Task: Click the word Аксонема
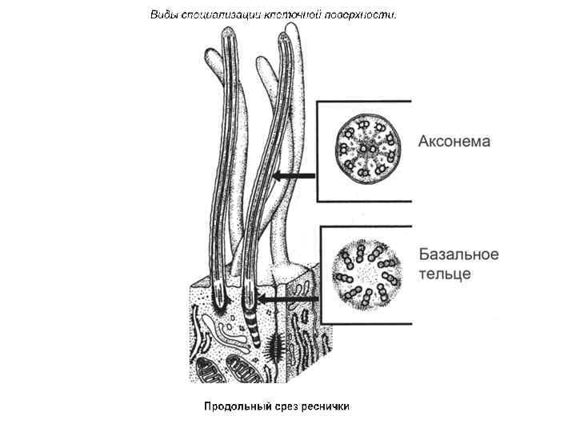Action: point(454,142)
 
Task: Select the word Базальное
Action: point(459,254)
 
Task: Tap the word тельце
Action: point(445,274)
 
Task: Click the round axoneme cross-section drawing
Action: point(366,146)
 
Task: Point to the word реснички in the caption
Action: point(326,406)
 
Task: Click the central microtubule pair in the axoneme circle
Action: point(366,147)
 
